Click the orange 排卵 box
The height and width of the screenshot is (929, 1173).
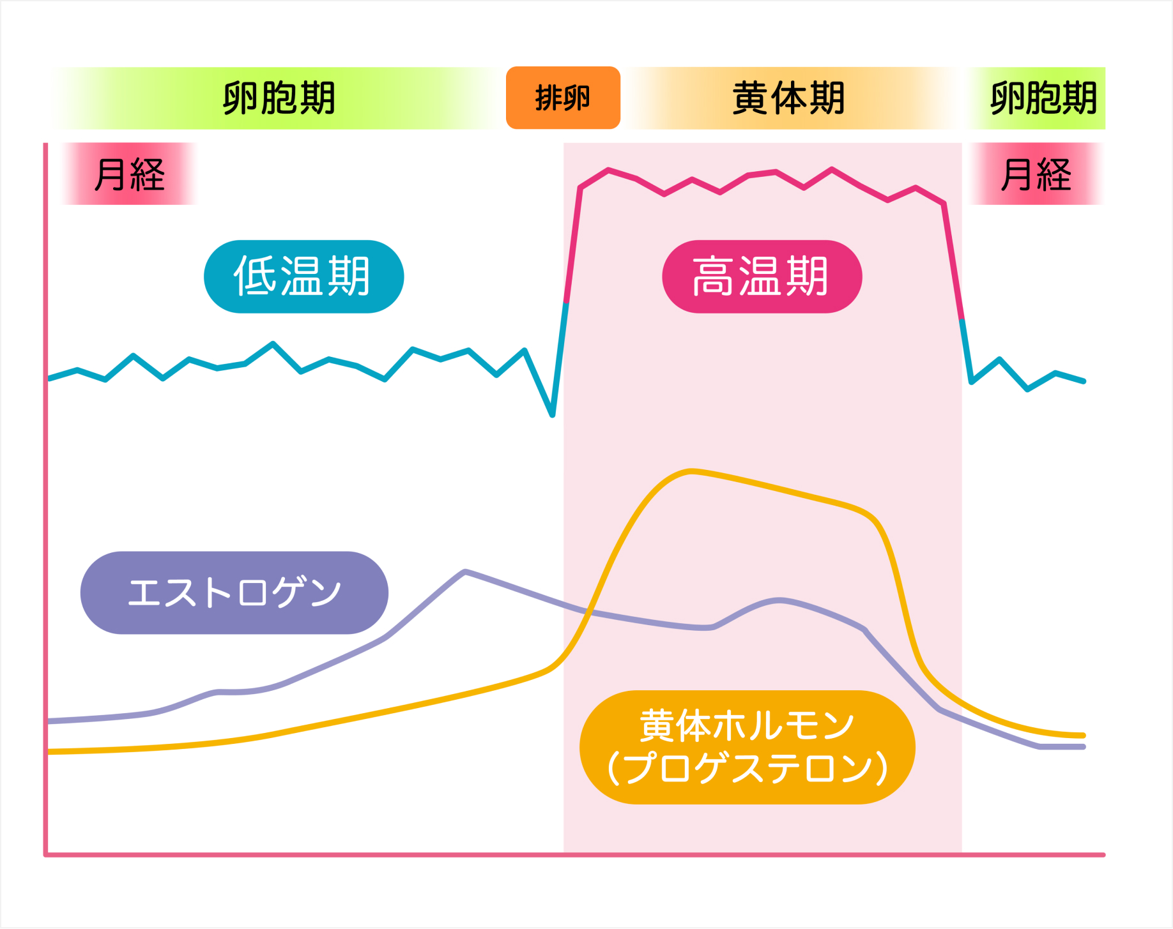pos(563,98)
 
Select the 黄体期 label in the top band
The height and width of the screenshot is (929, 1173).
pos(788,98)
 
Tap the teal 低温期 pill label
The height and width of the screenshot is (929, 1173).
pos(303,276)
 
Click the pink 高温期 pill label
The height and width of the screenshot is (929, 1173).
pos(762,276)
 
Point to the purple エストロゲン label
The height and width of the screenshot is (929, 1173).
pos(234,593)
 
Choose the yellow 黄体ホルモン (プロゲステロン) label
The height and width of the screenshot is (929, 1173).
pos(747,746)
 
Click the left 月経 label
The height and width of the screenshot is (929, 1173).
pos(129,174)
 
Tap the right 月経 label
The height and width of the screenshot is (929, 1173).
pos(1036,174)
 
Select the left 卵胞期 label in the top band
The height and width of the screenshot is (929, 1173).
pos(279,98)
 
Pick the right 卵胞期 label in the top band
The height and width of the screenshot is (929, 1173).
pos(1043,98)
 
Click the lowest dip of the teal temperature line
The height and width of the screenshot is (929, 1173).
pos(553,415)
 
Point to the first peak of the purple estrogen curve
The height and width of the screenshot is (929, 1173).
pos(465,571)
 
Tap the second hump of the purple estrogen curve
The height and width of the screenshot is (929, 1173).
pos(779,600)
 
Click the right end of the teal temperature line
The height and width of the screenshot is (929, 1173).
pos(1084,381)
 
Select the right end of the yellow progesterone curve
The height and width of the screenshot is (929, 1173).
pos(1084,736)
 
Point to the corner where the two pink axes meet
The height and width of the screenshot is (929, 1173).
pos(46,854)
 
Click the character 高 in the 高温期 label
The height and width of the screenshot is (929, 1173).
pos(713,276)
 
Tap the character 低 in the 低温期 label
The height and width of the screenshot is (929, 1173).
pos(255,276)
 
